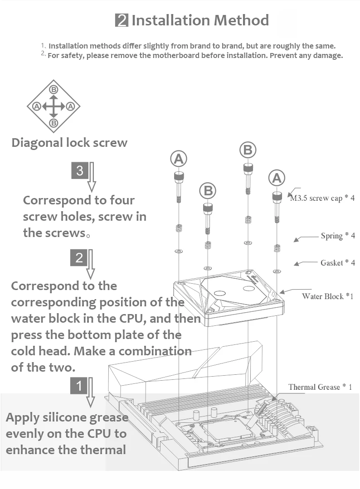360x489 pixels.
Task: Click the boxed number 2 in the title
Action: [x=122, y=21]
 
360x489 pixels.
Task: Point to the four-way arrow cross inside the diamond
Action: [x=54, y=107]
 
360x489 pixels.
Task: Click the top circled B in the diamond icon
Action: [x=54, y=89]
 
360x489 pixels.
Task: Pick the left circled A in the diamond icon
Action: [x=36, y=107]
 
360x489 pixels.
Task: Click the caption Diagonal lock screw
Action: [x=69, y=143]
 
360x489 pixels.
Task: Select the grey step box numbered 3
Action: [x=80, y=170]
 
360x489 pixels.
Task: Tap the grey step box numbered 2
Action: [x=79, y=258]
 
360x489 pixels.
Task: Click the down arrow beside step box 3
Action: [x=92, y=177]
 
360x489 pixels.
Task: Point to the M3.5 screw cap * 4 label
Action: [x=322, y=198]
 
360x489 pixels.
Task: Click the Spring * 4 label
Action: [x=338, y=236]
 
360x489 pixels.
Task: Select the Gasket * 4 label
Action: [x=338, y=263]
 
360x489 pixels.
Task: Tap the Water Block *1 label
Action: [x=327, y=296]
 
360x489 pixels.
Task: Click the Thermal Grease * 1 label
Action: [x=320, y=387]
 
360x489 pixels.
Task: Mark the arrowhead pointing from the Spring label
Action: [x=297, y=239]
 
